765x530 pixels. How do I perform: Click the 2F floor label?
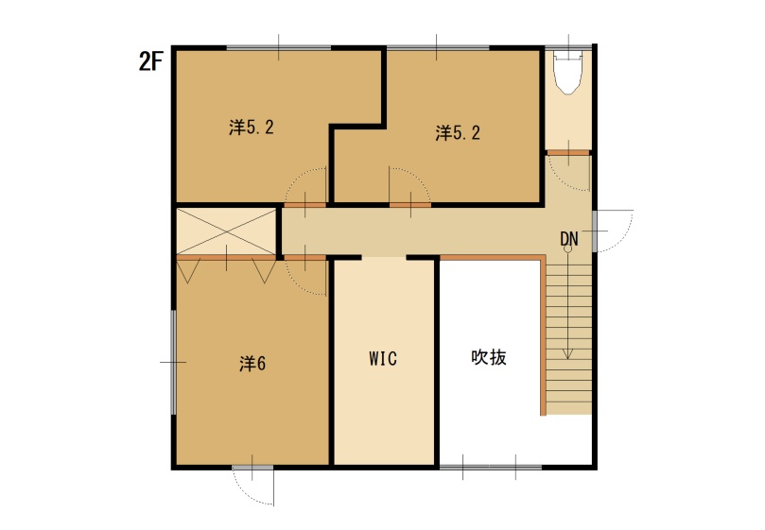click(x=152, y=61)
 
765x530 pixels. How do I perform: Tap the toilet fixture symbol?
click(x=569, y=73)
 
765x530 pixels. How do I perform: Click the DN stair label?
click(x=568, y=238)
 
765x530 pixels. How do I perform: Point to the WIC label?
click(x=383, y=359)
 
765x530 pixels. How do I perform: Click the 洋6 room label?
click(x=252, y=362)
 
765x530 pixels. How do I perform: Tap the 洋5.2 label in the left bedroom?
click(x=252, y=128)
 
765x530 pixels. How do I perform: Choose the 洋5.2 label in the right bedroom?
click(x=458, y=133)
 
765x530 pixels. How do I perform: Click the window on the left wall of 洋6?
click(x=173, y=362)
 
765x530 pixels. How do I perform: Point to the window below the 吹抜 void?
click(x=490, y=467)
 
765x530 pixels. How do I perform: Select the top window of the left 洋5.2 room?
click(x=279, y=46)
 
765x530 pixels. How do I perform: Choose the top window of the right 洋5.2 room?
click(x=436, y=46)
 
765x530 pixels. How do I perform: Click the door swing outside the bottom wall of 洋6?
click(x=253, y=487)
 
